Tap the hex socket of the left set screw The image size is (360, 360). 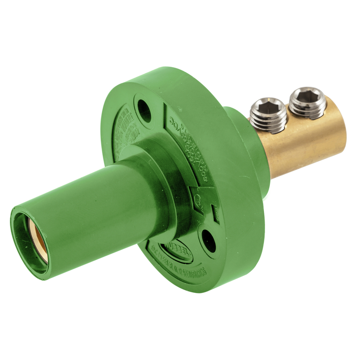coord(268,107)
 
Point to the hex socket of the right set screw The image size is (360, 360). coord(307,95)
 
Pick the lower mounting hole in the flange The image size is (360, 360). coord(209,241)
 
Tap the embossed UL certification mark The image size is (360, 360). coord(198,199)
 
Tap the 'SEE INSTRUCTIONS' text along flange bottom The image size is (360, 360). coord(197,271)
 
